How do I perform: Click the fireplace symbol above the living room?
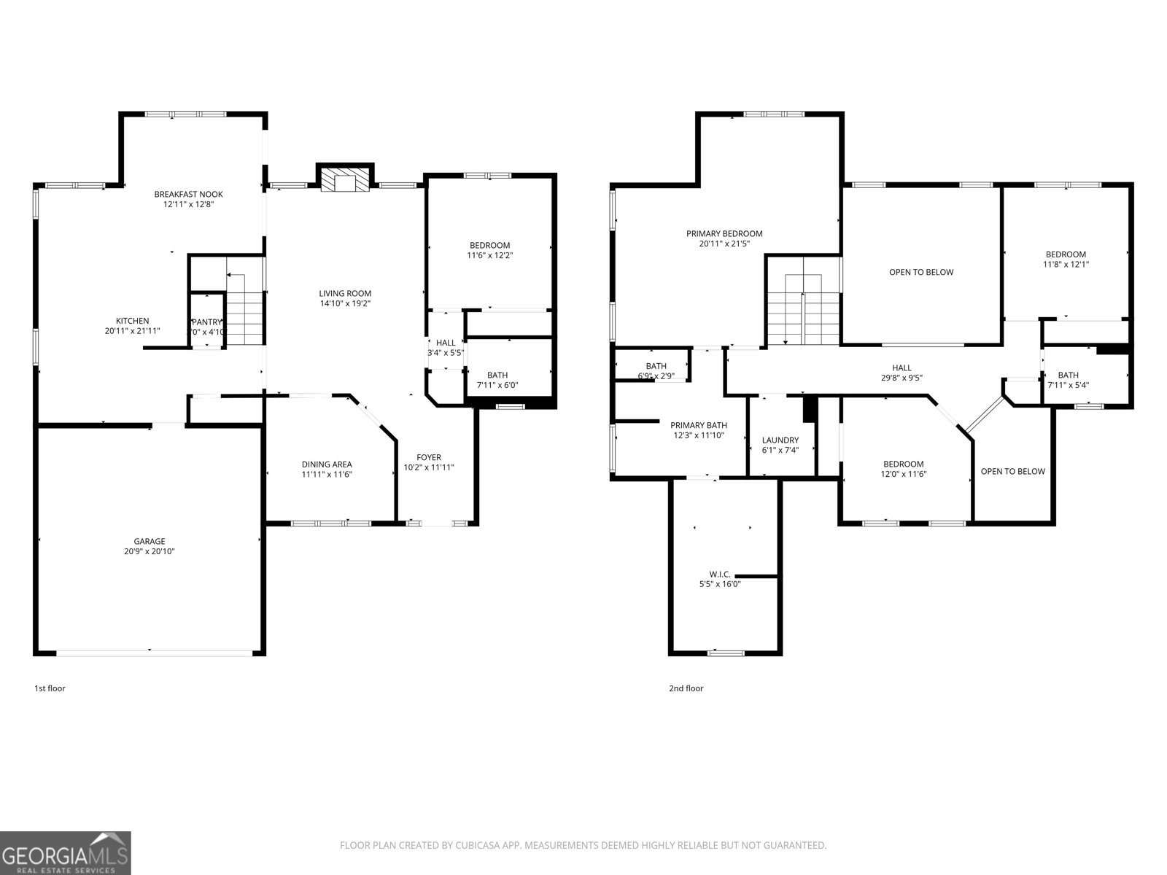(x=345, y=181)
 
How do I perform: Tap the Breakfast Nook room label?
(x=188, y=194)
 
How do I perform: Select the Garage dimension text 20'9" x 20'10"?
(x=150, y=552)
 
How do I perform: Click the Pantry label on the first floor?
(x=206, y=322)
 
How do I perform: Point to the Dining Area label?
(x=327, y=464)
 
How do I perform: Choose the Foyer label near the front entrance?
(x=429, y=457)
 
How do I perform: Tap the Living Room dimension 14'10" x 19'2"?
(x=345, y=303)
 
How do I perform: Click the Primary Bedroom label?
(x=724, y=234)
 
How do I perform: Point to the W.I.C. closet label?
(x=719, y=575)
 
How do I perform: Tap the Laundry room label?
(x=780, y=440)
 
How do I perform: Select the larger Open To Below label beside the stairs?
(x=921, y=272)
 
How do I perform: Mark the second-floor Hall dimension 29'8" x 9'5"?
(x=902, y=378)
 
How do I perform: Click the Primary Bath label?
(x=699, y=425)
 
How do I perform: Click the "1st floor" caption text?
(x=50, y=688)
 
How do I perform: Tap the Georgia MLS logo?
(x=65, y=853)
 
